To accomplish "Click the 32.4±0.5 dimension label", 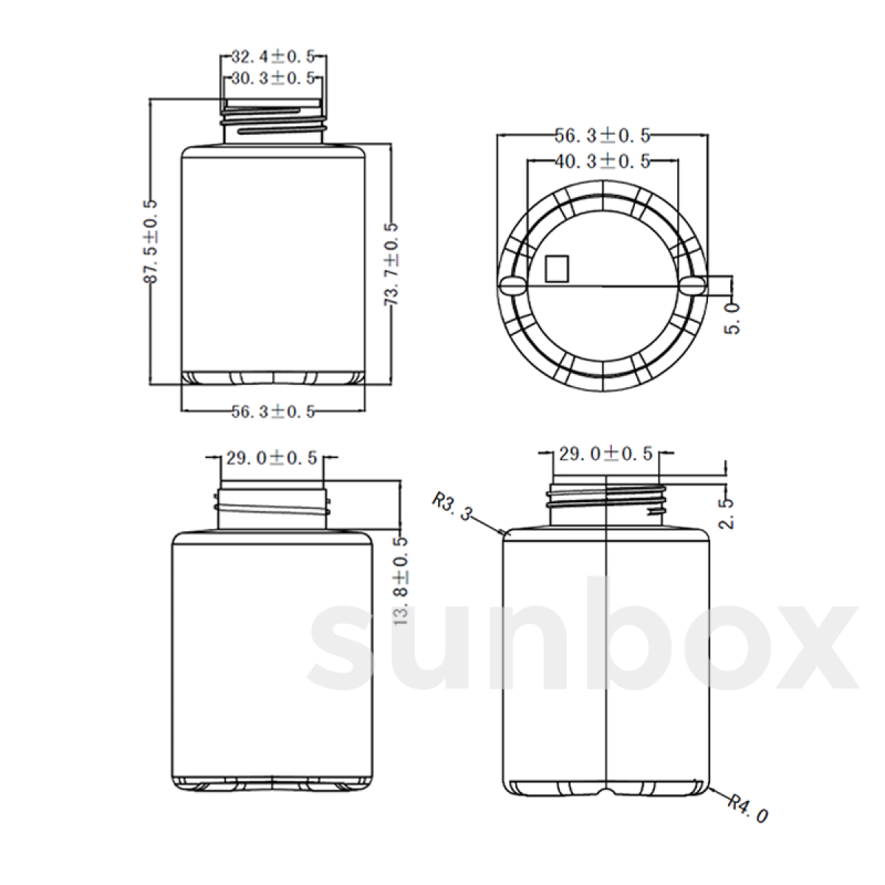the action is [x=273, y=57].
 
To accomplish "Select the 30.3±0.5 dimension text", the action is [x=273, y=78].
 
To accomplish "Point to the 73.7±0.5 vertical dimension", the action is [x=391, y=264].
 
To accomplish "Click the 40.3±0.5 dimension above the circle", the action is [x=603, y=162].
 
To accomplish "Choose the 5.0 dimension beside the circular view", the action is [x=733, y=319].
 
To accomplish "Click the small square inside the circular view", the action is [x=557, y=268].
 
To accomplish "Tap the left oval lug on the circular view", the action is [x=512, y=285].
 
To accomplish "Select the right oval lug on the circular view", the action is [x=695, y=285].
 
